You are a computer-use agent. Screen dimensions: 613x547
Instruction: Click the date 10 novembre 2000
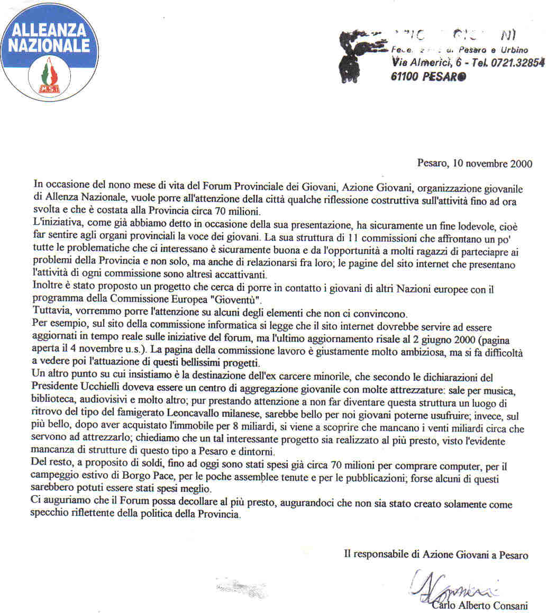click(x=492, y=163)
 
